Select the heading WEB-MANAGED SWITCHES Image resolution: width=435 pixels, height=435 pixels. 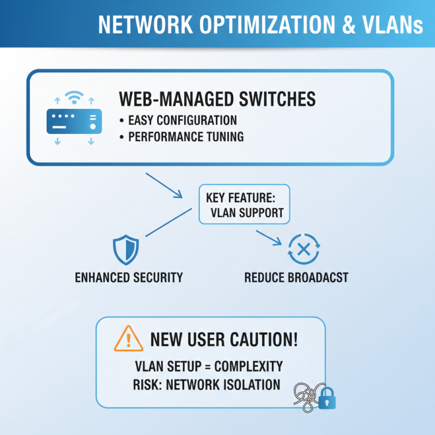[x=216, y=99]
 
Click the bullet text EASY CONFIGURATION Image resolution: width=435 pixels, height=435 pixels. [x=182, y=120]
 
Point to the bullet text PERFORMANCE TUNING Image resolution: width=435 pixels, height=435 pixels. [x=186, y=137]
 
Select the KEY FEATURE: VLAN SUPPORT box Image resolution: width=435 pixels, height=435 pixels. [x=245, y=204]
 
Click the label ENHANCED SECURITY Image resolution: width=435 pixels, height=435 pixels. [x=128, y=277]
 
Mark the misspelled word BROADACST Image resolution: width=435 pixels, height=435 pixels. [x=318, y=277]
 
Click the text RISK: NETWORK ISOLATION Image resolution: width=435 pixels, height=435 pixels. [x=207, y=384]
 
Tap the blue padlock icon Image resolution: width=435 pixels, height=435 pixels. [x=327, y=400]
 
